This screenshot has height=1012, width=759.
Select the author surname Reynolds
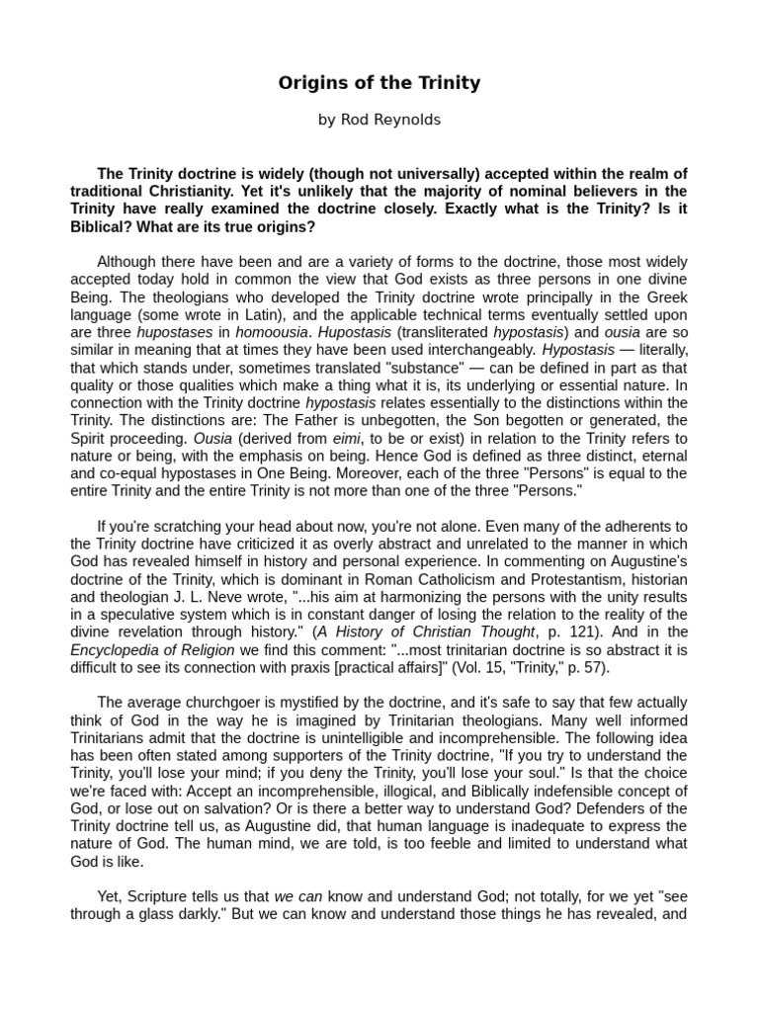tap(405, 120)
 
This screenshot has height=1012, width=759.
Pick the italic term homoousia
tap(272, 333)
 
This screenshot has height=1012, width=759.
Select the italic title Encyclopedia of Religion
tap(152, 650)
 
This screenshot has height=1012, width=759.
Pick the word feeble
tap(491, 843)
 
